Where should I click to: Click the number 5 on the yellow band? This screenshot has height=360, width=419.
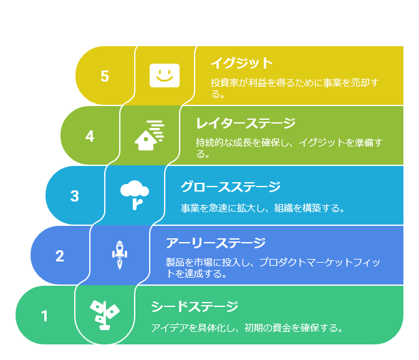click(105, 76)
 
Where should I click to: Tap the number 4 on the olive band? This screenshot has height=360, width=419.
click(90, 136)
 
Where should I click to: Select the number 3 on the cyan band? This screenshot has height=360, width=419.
click(75, 196)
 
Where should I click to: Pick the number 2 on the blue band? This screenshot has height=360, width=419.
click(60, 256)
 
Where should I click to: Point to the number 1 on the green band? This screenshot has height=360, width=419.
click(44, 316)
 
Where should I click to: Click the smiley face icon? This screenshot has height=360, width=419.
click(165, 75)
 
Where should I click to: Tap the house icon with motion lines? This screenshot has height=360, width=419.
click(150, 135)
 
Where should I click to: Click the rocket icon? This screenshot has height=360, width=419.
click(120, 255)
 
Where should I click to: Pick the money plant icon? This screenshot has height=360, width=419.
click(105, 315)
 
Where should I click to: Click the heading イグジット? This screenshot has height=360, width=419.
click(241, 63)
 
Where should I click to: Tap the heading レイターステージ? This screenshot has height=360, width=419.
click(246, 123)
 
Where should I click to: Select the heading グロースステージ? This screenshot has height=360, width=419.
click(231, 187)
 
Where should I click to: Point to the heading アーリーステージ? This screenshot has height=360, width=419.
click(216, 243)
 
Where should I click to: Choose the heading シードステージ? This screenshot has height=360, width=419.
click(195, 306)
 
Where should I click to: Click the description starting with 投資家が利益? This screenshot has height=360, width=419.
click(295, 88)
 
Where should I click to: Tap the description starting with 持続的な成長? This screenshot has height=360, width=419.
click(289, 148)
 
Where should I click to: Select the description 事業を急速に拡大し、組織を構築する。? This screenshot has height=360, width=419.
click(263, 208)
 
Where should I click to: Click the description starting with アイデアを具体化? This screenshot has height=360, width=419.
click(247, 328)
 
